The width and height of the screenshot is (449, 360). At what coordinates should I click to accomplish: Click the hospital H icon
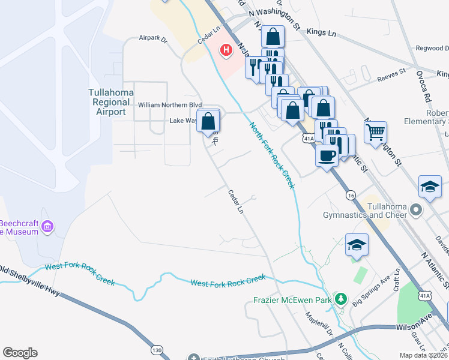(226, 50)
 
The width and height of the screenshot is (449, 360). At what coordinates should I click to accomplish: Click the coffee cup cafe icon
(327, 155)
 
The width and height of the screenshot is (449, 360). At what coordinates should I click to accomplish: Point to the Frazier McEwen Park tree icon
(341, 298)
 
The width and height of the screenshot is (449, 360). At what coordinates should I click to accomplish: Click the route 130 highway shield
(157, 350)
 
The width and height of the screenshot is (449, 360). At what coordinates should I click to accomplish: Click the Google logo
(20, 353)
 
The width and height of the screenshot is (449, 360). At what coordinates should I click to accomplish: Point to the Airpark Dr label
(152, 38)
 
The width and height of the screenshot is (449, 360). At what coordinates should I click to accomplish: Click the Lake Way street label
(183, 121)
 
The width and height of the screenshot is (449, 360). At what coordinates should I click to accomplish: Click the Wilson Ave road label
(414, 328)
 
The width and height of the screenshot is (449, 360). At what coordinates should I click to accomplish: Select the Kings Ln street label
(321, 31)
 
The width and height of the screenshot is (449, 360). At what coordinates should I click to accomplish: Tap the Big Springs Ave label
(372, 295)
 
